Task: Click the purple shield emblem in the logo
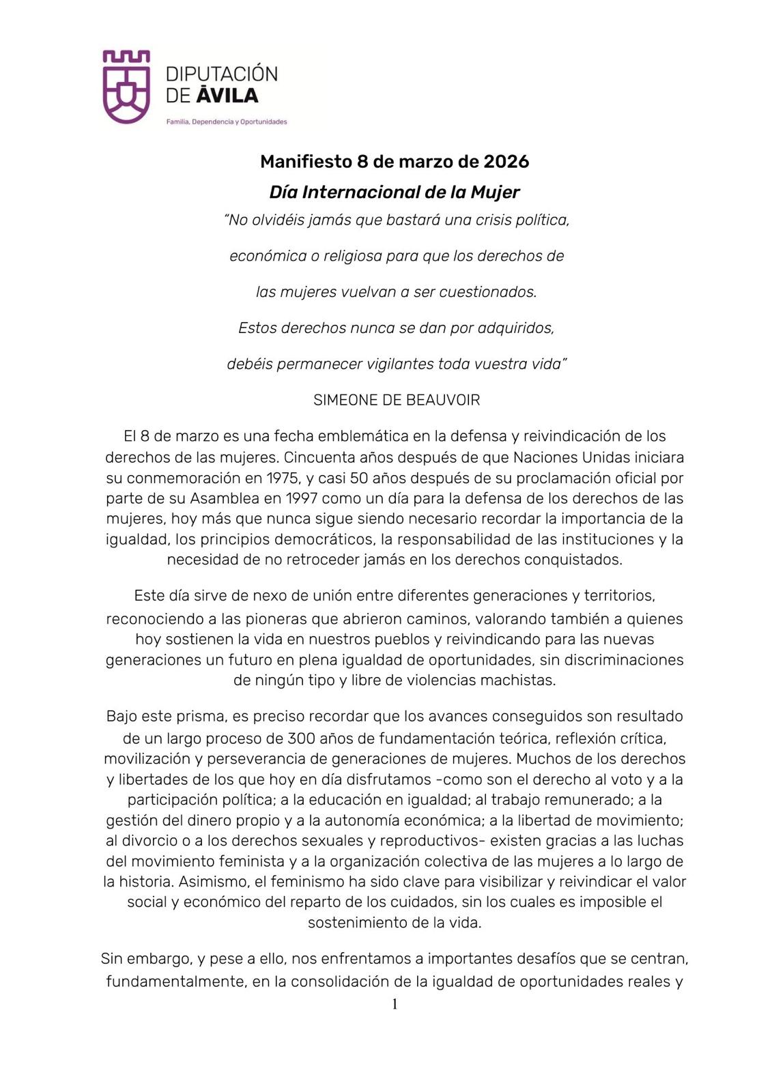click(x=126, y=87)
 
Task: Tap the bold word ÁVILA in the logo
click(x=227, y=96)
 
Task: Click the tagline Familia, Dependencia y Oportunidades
click(x=227, y=122)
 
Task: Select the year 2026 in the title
click(x=506, y=162)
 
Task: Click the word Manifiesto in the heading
click(x=305, y=162)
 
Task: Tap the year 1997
click(x=306, y=499)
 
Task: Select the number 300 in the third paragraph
click(x=301, y=738)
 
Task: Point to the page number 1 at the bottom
click(x=395, y=1004)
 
